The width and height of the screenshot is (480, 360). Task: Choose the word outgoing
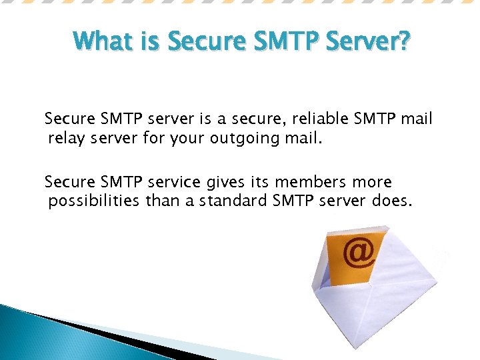pyautogui.click(x=247, y=139)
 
